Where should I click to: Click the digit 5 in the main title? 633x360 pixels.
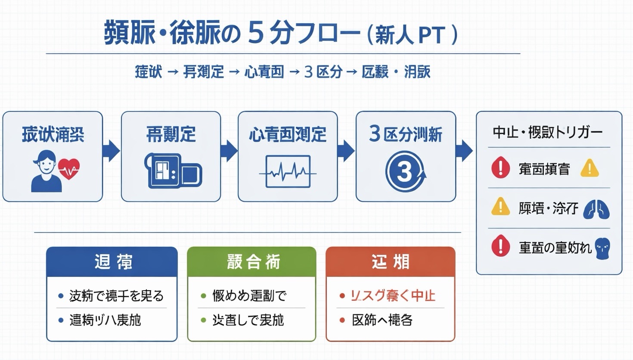click(x=256, y=34)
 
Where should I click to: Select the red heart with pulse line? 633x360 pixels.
click(x=69, y=168)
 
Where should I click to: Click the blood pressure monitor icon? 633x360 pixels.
click(x=173, y=171)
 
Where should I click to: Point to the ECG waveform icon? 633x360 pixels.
click(x=288, y=172)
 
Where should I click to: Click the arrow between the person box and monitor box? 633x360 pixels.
click(x=112, y=150)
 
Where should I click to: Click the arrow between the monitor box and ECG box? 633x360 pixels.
click(x=229, y=150)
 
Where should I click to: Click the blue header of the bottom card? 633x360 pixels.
click(x=112, y=262)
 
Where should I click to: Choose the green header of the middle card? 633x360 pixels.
click(x=252, y=262)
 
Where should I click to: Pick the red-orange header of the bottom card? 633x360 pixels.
click(x=390, y=262)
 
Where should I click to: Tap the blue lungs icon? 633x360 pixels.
click(x=596, y=210)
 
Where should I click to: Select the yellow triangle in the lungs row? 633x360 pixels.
click(x=500, y=207)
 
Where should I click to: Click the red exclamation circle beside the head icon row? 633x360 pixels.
click(x=500, y=246)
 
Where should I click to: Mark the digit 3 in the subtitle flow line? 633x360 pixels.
click(x=308, y=72)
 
